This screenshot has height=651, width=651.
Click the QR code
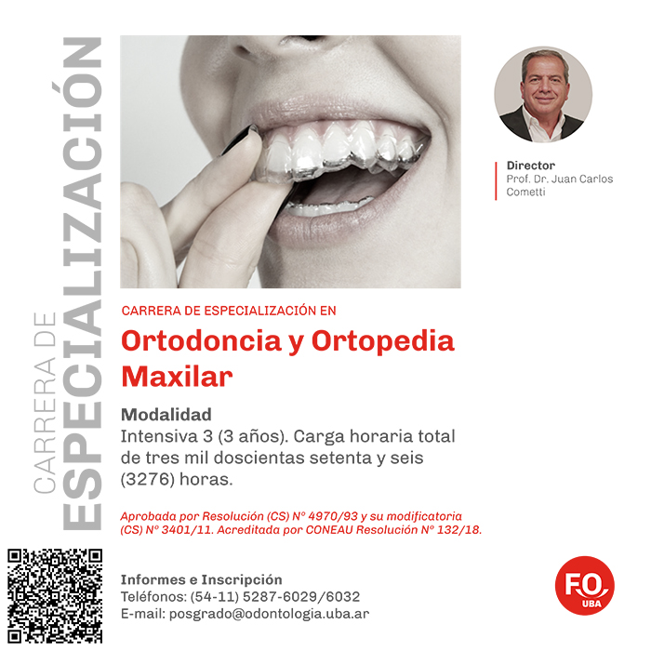coord(55,596)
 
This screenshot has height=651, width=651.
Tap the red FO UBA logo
coord(585,585)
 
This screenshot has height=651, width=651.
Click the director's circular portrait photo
coord(543,94)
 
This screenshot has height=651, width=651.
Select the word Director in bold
coord(531,166)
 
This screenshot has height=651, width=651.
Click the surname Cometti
coord(525,192)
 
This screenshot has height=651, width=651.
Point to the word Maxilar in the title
coord(177,377)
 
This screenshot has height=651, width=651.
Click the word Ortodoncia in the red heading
coord(202,341)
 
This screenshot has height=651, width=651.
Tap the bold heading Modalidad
coord(166,415)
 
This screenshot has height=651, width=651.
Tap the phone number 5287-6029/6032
coord(301,597)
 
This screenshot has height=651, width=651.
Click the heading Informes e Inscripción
coord(202,579)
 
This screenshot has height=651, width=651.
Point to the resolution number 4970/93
coord(333,516)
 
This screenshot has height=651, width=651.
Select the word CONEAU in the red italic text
coord(329,530)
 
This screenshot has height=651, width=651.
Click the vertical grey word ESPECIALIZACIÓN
coord(82,283)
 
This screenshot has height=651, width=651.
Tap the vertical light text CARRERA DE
coord(45,403)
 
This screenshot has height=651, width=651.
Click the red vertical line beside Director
coord(496,181)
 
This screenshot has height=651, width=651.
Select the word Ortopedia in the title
coord(383,341)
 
